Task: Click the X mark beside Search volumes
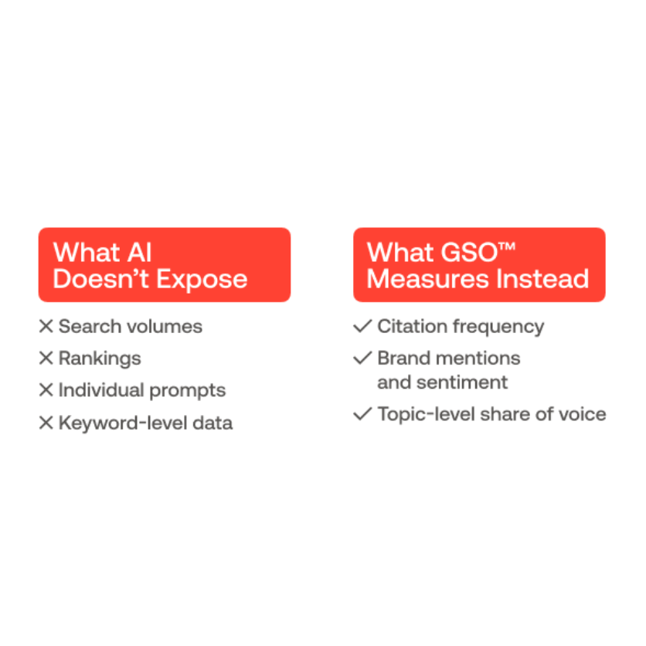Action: (46, 327)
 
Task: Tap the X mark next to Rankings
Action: (46, 359)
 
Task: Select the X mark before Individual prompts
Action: (46, 390)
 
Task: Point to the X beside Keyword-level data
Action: (46, 423)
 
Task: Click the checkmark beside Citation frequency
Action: (362, 327)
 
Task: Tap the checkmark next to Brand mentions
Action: (362, 359)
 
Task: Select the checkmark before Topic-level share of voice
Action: (362, 414)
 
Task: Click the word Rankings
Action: (100, 359)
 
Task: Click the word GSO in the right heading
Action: (462, 252)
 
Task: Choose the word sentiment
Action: (461, 382)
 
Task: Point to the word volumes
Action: (165, 327)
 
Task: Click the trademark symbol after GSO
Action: (507, 247)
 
